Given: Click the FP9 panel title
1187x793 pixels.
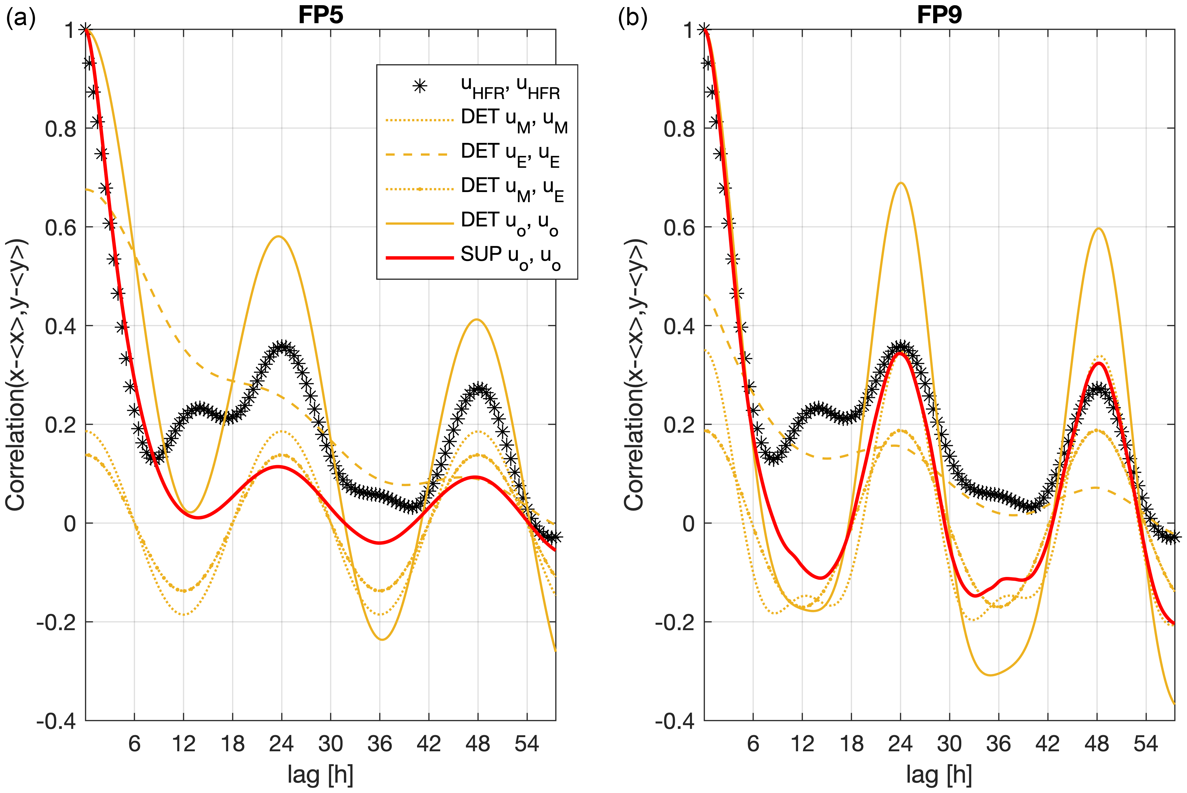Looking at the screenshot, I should (x=939, y=15).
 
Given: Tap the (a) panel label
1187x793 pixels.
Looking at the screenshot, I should (x=20, y=19).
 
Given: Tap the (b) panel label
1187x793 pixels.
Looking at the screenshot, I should (x=632, y=19).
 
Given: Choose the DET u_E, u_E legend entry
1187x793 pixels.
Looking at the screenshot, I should (x=510, y=154).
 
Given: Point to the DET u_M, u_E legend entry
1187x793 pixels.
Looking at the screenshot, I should (x=512, y=188).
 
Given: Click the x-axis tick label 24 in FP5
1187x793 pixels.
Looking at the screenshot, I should (x=281, y=744).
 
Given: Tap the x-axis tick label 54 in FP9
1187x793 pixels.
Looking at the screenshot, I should (x=1146, y=744).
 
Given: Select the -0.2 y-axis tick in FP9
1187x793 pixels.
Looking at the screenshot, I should (x=672, y=622).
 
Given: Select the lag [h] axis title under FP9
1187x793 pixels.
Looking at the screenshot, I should (x=939, y=774).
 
